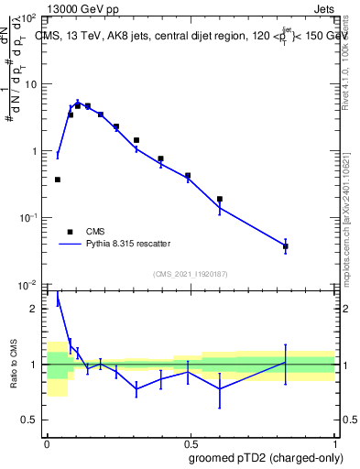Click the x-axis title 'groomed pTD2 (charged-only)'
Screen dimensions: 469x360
tap(267, 457)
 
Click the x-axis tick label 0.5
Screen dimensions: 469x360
tap(190, 442)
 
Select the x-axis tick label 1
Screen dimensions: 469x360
tap(334, 442)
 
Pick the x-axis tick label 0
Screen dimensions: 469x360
tap(46, 442)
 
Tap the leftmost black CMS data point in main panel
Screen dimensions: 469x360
tap(58, 180)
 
